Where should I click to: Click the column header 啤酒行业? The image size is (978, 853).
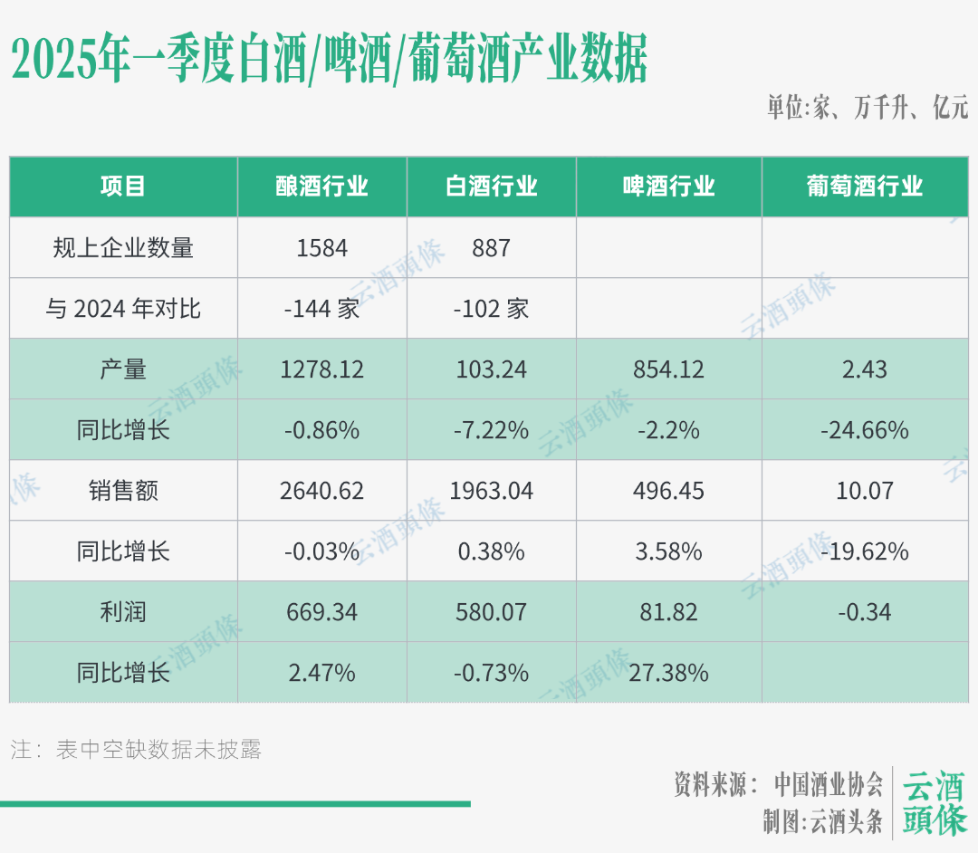[x=669, y=187]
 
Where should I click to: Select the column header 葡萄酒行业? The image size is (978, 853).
[x=865, y=187]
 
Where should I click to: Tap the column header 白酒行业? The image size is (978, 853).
[x=492, y=187]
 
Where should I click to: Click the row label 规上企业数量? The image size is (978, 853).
[x=123, y=247]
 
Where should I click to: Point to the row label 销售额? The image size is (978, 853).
[x=123, y=491]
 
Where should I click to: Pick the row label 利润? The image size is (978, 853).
[x=123, y=612]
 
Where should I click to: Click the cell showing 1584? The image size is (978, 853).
[x=322, y=247]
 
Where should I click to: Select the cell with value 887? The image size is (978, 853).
[x=492, y=247]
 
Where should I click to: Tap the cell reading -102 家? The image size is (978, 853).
[x=492, y=309]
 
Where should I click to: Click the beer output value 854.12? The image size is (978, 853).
[x=669, y=369]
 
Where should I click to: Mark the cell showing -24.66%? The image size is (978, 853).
[x=865, y=430]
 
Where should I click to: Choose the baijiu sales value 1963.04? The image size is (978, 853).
[x=492, y=491]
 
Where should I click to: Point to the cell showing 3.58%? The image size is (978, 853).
[x=669, y=551]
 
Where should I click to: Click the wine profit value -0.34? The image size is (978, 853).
[x=865, y=612]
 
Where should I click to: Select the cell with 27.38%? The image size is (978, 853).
[x=669, y=673]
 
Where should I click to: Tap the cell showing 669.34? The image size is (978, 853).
[x=322, y=612]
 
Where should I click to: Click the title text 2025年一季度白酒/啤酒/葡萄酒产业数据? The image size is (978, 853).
[x=330, y=61]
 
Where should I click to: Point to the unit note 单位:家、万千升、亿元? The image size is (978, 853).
[x=868, y=109]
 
